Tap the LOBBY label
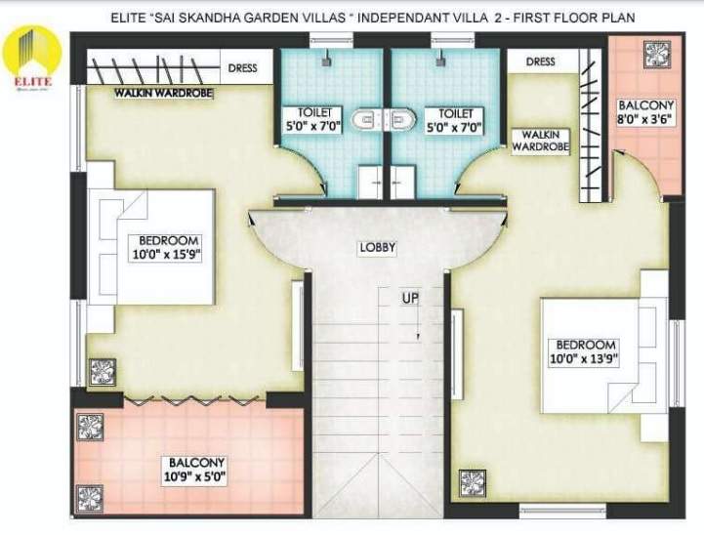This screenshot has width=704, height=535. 377,248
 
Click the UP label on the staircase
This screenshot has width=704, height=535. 410,297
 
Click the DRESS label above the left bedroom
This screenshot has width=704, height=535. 242,68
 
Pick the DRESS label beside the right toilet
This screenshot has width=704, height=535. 540,62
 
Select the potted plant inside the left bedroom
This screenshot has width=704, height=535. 102,371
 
